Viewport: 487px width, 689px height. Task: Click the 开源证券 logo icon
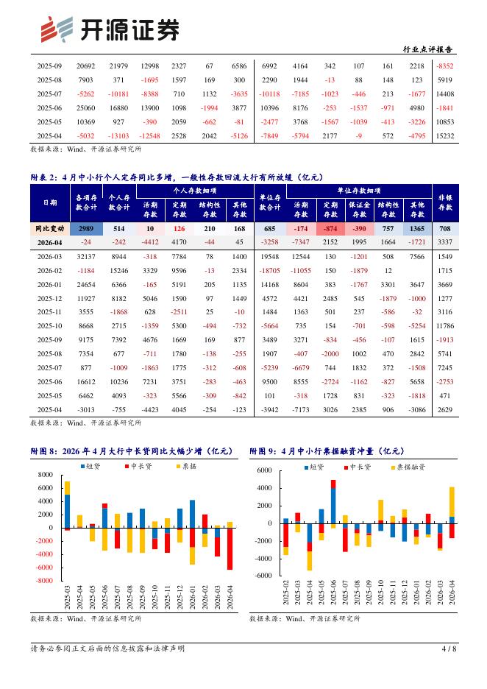click(x=57, y=29)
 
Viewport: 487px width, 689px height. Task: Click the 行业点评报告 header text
click(x=427, y=49)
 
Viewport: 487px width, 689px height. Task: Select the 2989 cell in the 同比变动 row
click(x=86, y=228)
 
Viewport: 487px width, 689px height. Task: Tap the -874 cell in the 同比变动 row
click(x=330, y=228)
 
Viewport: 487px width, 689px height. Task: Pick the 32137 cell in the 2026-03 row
click(x=85, y=257)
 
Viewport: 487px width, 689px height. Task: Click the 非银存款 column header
click(x=445, y=202)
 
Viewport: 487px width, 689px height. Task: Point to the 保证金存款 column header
click(x=359, y=209)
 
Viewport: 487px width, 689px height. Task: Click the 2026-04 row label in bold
click(x=49, y=242)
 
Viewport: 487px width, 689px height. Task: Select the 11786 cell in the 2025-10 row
click(x=445, y=326)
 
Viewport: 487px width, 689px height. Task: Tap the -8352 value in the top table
click(x=445, y=66)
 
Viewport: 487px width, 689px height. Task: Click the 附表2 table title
click(x=177, y=177)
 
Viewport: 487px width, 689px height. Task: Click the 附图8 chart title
click(x=131, y=451)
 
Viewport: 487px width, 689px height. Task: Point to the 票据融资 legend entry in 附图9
click(x=408, y=467)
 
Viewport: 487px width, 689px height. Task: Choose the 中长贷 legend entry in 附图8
click(x=138, y=466)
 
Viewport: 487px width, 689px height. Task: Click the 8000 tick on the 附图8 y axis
click(x=45, y=475)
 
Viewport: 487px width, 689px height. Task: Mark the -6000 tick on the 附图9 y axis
click(x=263, y=576)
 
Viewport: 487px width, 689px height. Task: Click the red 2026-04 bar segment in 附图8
click(x=230, y=549)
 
